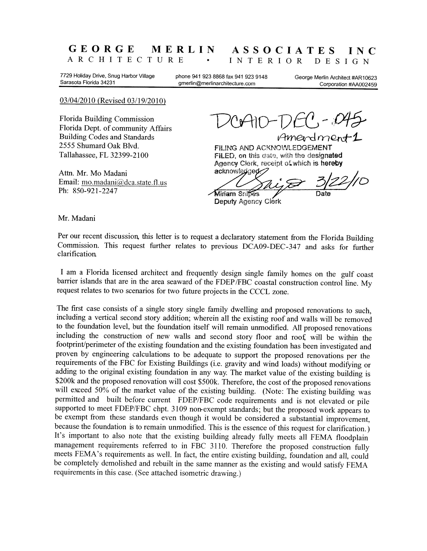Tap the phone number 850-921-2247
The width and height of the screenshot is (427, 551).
coord(95,191)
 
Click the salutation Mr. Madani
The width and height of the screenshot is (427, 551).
coord(77,218)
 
